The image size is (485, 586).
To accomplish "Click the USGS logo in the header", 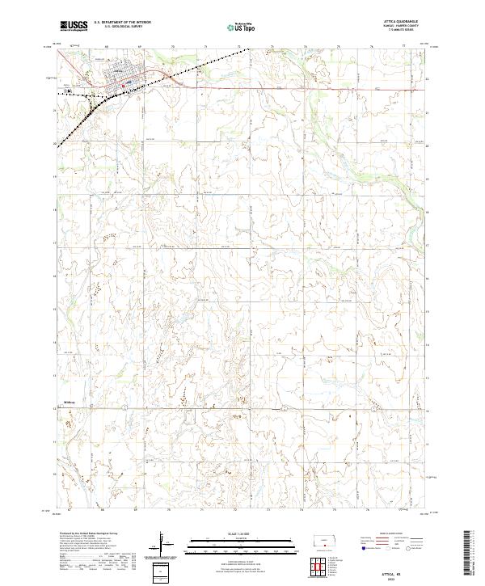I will click(74, 26).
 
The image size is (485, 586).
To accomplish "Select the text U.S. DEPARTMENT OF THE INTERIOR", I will click(122, 23).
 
